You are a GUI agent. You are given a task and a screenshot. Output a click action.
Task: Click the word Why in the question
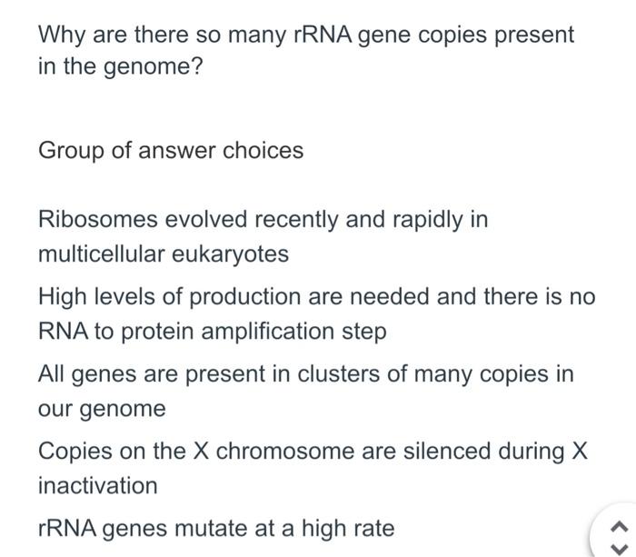coord(58,35)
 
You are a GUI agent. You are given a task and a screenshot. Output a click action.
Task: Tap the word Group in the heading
coord(71,150)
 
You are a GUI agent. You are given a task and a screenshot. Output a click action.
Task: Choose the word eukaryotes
coord(233,254)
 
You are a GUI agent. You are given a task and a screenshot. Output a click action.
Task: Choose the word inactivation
coord(97,485)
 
